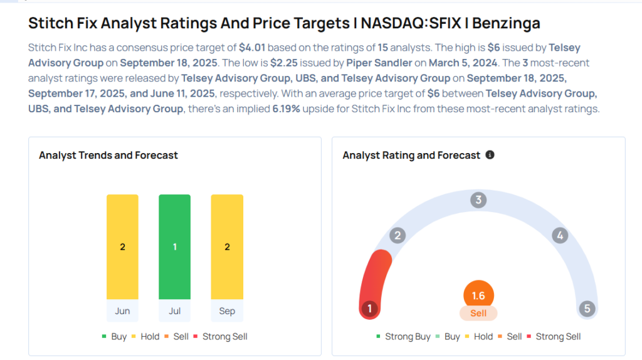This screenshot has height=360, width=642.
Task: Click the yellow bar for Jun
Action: point(122,246)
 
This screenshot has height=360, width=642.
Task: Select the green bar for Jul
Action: point(174,246)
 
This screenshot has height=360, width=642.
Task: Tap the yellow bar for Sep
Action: point(227,246)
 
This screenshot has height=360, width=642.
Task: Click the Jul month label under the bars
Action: point(174,311)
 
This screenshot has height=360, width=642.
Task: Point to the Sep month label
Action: point(227,311)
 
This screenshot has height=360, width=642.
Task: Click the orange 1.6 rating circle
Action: point(478,295)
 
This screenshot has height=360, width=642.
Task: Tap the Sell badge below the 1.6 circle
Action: point(478,313)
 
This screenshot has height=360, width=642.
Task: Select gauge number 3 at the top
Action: point(478,200)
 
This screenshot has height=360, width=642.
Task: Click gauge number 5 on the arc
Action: point(587,309)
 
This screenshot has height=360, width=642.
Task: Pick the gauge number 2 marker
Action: point(397,236)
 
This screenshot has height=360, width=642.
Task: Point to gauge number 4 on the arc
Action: point(560,236)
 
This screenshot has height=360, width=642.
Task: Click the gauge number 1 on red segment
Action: point(370,309)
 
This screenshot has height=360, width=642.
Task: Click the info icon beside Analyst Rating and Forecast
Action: point(490,154)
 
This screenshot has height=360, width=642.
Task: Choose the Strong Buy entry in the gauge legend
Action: point(404,337)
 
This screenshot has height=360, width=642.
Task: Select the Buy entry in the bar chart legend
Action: point(115,337)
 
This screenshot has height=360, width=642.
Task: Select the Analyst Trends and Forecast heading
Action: point(108,155)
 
